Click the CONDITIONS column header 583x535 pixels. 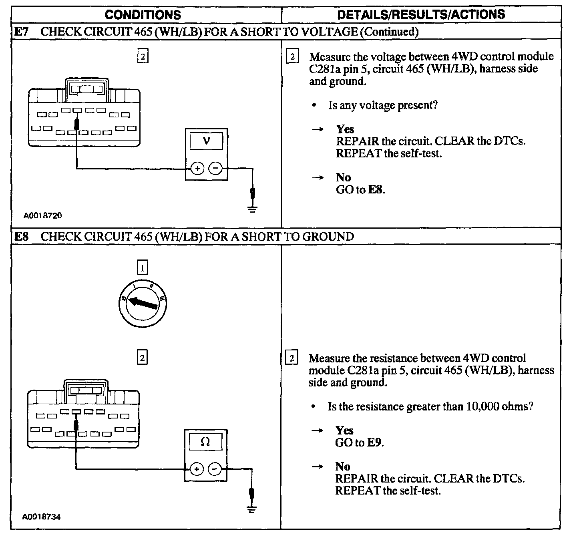(x=143, y=15)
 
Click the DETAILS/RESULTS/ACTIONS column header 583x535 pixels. (x=421, y=15)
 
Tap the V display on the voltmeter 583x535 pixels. (x=207, y=141)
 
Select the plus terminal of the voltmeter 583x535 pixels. (x=197, y=169)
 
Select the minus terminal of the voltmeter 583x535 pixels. (x=216, y=169)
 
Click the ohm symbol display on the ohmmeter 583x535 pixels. (x=205, y=442)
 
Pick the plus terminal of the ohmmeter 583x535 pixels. (x=196, y=469)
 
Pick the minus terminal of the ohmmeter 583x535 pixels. (x=215, y=469)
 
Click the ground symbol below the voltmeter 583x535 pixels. (x=252, y=209)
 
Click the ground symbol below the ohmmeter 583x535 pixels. (x=251, y=509)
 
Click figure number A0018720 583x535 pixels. (x=42, y=215)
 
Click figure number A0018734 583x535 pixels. (x=42, y=517)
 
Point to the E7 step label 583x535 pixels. (x=21, y=32)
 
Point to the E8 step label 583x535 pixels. (x=21, y=237)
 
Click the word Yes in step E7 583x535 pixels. (x=345, y=129)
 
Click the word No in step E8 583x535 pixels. (x=343, y=467)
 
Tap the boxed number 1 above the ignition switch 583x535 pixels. (x=142, y=267)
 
